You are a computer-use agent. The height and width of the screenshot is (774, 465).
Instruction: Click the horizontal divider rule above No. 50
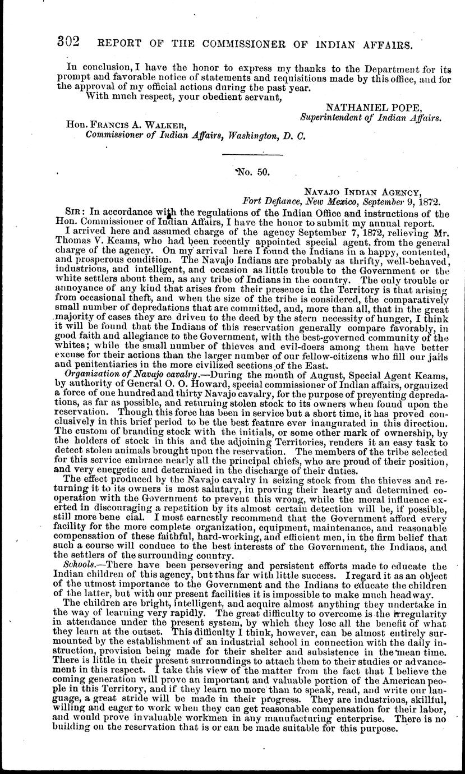pos(252,154)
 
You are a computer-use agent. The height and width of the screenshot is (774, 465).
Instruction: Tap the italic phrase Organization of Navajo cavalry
pos(130,374)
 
